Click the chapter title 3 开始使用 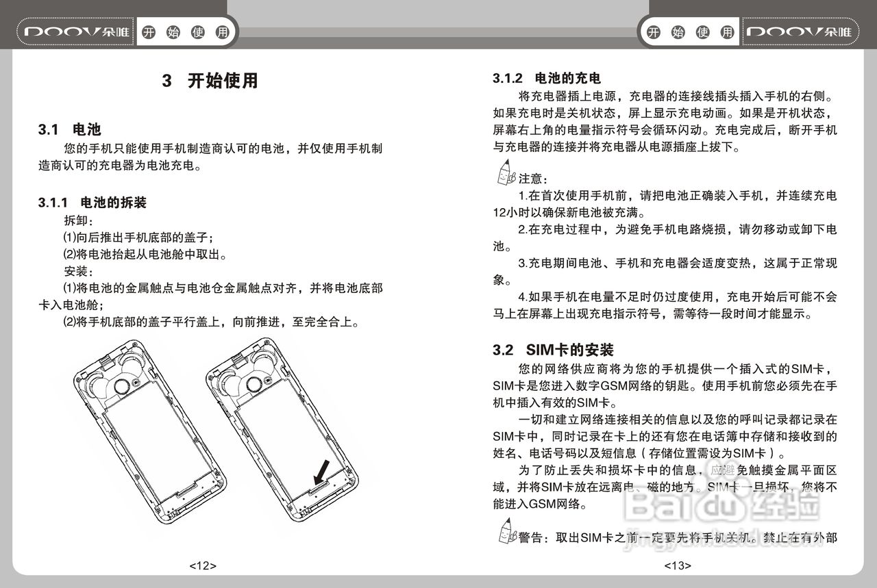point(210,81)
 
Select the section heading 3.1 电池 point(70,129)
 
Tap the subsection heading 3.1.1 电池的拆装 point(92,203)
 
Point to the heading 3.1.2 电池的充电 point(547,78)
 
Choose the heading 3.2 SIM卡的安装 point(553,350)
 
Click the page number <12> point(203,565)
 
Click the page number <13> point(678,565)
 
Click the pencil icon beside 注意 point(505,174)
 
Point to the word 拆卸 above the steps point(78,220)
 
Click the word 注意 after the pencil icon point(530,179)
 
